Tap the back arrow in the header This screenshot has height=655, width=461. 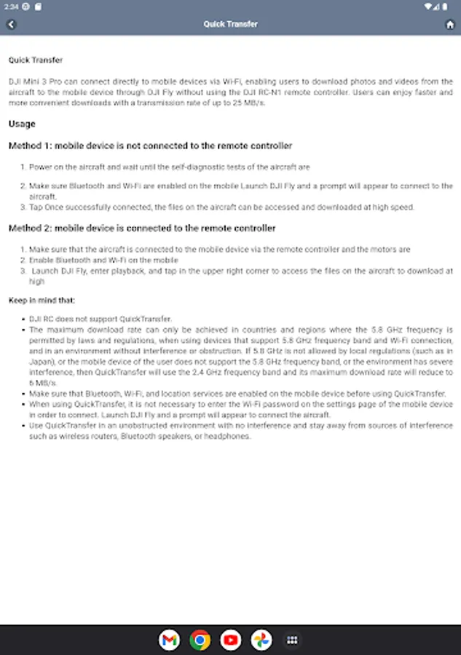11,24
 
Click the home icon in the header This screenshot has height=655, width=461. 450,24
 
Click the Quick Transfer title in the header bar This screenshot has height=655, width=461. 230,24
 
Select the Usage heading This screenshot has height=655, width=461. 22,124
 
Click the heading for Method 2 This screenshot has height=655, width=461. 142,228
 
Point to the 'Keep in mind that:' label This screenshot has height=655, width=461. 42,300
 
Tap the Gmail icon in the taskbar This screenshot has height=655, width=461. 169,640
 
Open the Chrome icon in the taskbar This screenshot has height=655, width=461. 200,640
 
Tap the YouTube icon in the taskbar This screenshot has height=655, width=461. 231,640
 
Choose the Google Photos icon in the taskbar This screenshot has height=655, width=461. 261,640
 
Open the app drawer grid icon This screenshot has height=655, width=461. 292,640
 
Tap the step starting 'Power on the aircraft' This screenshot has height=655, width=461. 169,167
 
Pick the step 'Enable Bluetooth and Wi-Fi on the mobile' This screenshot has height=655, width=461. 103,260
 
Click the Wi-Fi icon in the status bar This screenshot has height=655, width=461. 436,6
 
